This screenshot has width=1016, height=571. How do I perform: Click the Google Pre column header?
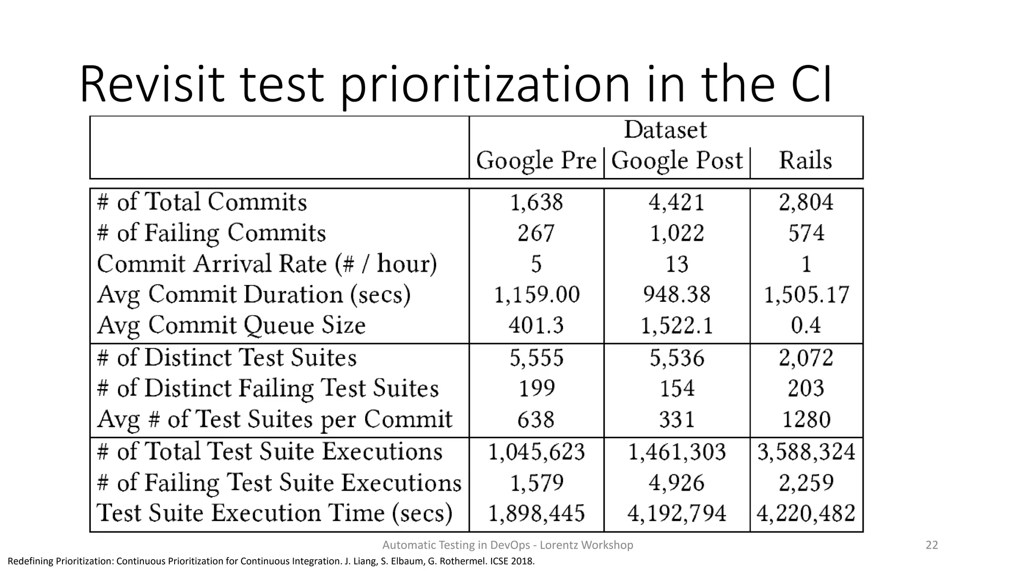pos(536,161)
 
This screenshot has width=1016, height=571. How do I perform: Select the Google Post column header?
pos(677,161)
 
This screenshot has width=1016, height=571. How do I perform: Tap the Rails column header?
pos(805,161)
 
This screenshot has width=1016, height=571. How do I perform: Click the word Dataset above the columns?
pos(665,130)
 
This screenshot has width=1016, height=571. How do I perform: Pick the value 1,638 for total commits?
pos(536,202)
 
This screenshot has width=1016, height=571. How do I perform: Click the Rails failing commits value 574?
pos(806,233)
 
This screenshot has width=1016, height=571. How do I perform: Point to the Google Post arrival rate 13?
pos(677,264)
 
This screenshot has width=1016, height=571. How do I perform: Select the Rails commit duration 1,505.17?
pos(806,295)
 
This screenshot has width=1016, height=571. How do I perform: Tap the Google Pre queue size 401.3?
pos(536,326)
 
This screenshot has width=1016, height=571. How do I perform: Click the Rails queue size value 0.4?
pos(806,326)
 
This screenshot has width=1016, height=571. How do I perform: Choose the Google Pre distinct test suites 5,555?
pos(536,358)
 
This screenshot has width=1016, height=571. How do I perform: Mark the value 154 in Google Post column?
pos(677,388)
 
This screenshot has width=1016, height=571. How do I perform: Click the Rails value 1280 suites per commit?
pos(806,419)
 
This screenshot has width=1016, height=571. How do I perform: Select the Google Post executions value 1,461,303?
pos(677,452)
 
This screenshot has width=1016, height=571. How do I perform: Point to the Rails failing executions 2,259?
pos(806,482)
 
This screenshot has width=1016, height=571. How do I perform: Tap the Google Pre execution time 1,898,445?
pos(536,513)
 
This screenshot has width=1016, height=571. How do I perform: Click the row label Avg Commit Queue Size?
pos(231,326)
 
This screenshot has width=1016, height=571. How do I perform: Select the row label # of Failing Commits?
pos(211,233)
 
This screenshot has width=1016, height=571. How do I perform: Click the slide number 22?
pos(932,545)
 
